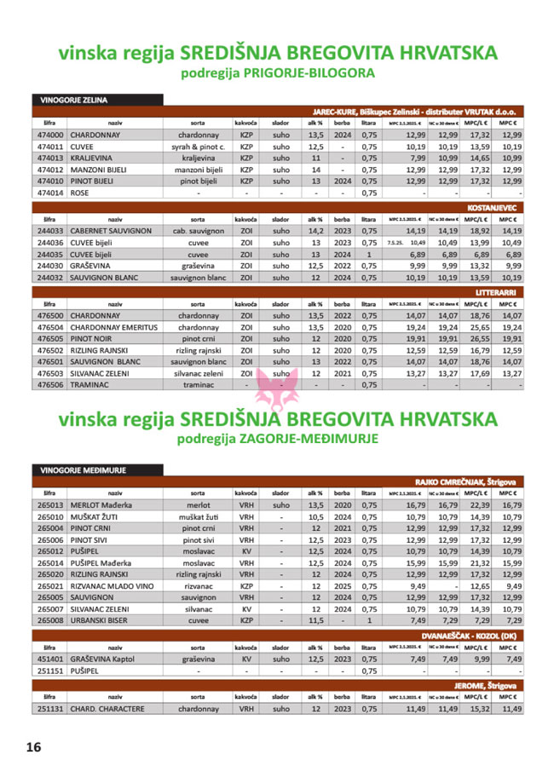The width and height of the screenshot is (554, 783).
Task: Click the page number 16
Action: [33, 747]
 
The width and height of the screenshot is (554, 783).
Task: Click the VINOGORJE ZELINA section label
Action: [75, 100]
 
